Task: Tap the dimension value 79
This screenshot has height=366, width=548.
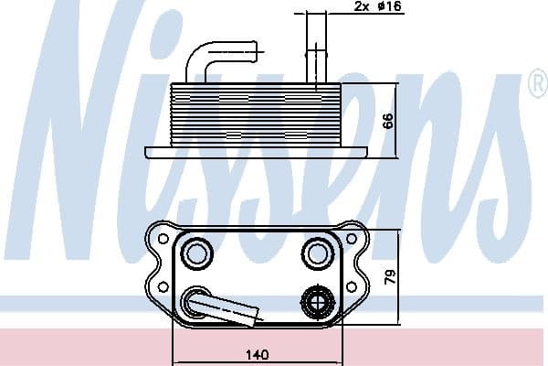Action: [388, 275]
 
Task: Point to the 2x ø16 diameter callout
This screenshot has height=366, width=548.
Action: [374, 6]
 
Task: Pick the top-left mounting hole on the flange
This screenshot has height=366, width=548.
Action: [163, 240]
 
